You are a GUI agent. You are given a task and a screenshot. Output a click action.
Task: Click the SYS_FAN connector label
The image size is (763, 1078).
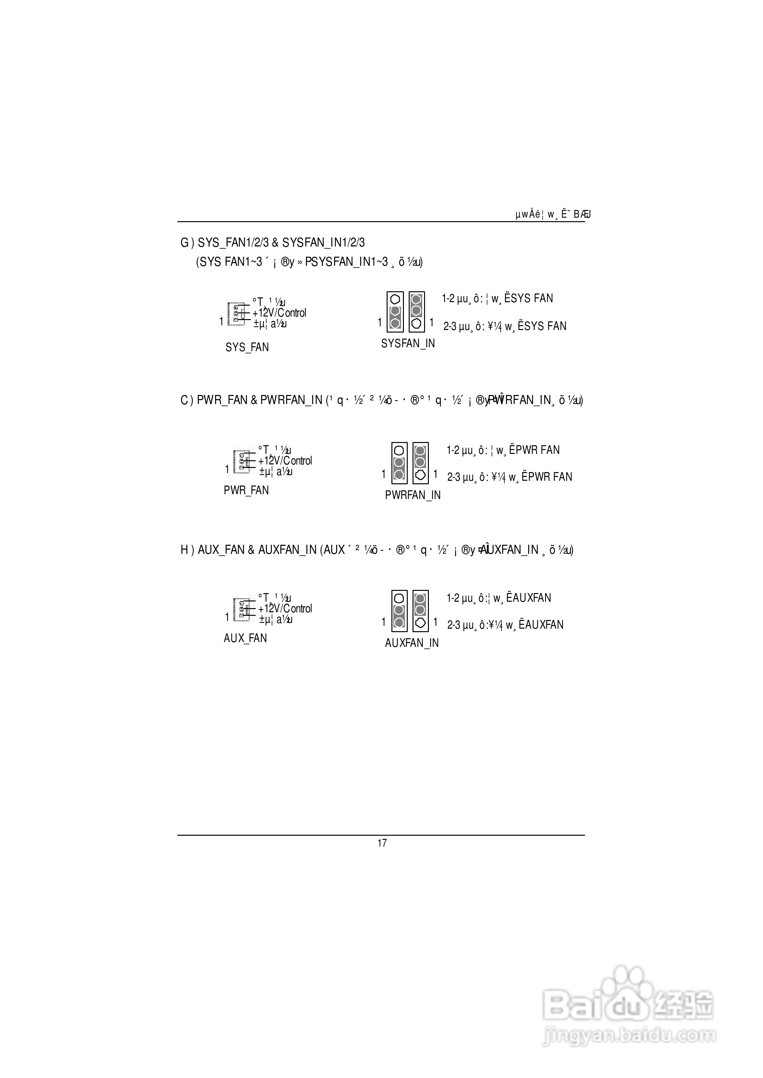pyautogui.click(x=247, y=347)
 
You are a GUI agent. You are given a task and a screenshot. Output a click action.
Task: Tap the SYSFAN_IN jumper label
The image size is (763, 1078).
pyautogui.click(x=408, y=343)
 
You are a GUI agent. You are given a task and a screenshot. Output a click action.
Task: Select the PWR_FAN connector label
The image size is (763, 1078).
pyautogui.click(x=246, y=490)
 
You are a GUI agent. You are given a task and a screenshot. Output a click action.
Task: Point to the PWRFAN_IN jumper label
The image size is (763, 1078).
pyautogui.click(x=413, y=495)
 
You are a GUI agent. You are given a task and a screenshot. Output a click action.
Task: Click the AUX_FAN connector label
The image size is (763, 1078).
pyautogui.click(x=245, y=638)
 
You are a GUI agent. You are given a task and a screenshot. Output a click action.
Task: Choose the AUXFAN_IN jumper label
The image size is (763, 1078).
pyautogui.click(x=412, y=643)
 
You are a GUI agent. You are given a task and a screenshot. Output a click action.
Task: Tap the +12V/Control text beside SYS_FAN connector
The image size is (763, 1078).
pyautogui.click(x=279, y=313)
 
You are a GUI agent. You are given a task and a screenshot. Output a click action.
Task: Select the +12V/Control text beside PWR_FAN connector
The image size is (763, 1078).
pyautogui.click(x=285, y=461)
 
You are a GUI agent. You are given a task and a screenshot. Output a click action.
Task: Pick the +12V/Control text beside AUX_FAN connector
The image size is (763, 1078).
pyautogui.click(x=285, y=609)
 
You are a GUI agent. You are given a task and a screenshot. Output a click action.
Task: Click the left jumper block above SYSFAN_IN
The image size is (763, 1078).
pyautogui.click(x=395, y=311)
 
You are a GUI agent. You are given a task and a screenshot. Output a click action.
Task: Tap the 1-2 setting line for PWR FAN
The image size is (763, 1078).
pyautogui.click(x=503, y=450)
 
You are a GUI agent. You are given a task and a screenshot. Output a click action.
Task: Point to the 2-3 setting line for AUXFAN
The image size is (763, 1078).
pyautogui.click(x=505, y=625)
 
